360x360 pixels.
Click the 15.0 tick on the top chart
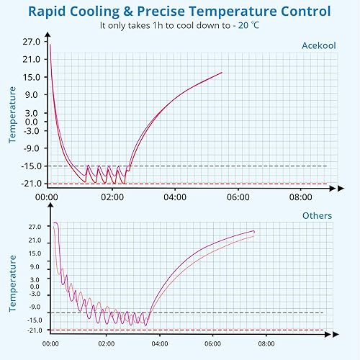pyautogui.click(x=31, y=76)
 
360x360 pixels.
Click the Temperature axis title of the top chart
pyautogui.click(x=12, y=115)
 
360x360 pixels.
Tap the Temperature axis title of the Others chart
pyautogui.click(x=12, y=281)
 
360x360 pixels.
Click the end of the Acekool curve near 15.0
pyautogui.click(x=221, y=73)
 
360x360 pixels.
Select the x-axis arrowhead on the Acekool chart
pyautogui.click(x=332, y=188)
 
